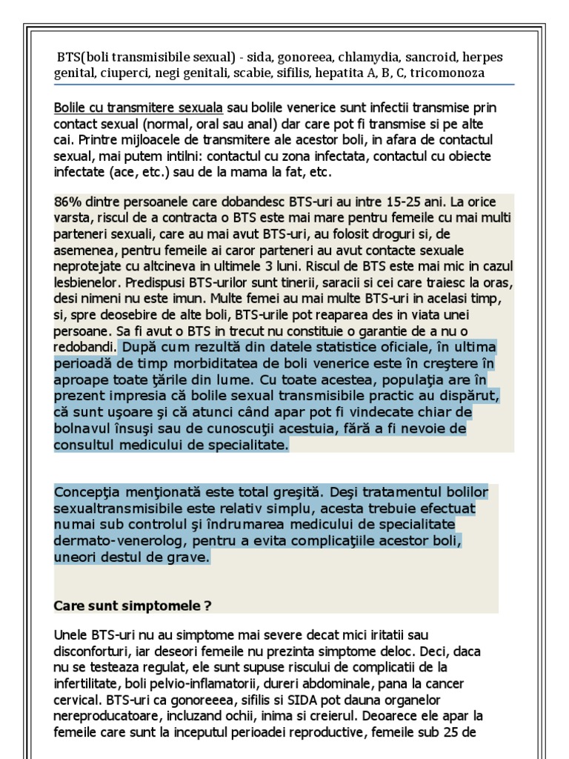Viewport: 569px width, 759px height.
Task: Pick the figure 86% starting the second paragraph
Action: tap(67, 202)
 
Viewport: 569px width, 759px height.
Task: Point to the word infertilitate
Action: tap(87, 683)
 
